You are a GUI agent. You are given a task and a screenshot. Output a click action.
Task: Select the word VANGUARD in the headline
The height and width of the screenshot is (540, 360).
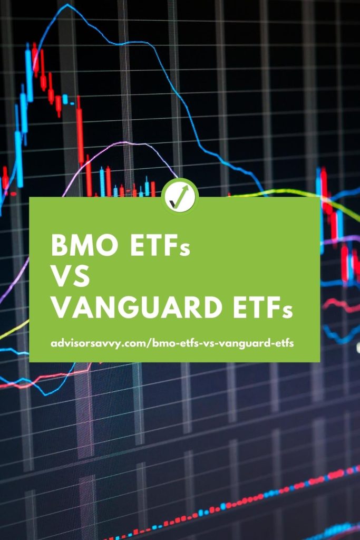137,307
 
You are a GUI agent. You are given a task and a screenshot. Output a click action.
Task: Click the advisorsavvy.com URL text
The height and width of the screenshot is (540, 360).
172,343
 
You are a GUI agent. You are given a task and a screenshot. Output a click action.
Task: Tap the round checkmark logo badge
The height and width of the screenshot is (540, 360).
180,196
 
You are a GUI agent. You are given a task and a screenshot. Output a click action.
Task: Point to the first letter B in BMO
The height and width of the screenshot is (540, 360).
59,245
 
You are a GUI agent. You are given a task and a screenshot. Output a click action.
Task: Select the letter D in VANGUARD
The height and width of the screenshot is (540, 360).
212,307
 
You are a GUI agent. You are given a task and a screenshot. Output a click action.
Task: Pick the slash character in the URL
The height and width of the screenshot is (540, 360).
149,343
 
